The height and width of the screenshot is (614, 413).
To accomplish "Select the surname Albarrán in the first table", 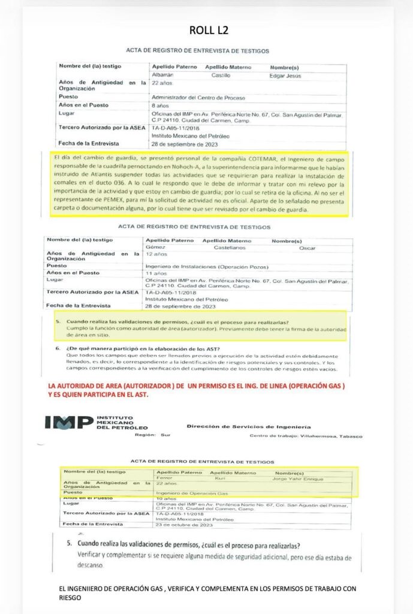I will pos(164,75).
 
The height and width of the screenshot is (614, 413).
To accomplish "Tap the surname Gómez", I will pos(155,248).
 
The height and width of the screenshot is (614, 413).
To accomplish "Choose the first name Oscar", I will pos(308,248).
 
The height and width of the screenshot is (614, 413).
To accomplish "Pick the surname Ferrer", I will pos(164,478).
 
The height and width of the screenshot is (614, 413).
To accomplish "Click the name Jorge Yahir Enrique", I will pos(297,479).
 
